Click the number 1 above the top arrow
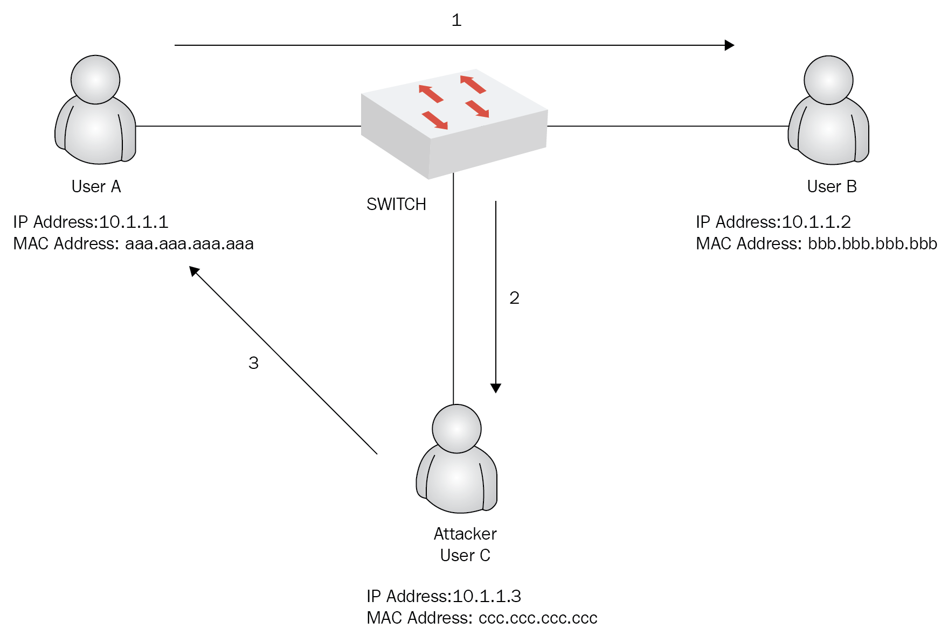click(x=456, y=20)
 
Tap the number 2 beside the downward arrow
click(x=515, y=298)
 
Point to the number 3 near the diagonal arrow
click(x=254, y=363)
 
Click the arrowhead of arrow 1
click(x=730, y=45)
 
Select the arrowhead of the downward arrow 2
click(x=496, y=388)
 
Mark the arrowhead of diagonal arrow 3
click(x=194, y=271)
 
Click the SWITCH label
click(x=396, y=205)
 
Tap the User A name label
click(x=96, y=186)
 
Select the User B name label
click(x=832, y=186)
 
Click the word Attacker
click(x=465, y=534)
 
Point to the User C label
click(x=465, y=555)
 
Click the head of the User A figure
click(x=95, y=80)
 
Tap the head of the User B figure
click(x=828, y=80)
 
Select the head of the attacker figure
click(x=456, y=429)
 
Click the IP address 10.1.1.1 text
click(x=134, y=222)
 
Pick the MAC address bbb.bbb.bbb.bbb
click(x=873, y=243)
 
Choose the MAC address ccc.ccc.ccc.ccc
click(x=538, y=618)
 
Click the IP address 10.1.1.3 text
click(x=487, y=596)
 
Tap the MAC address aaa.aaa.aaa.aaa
click(x=189, y=244)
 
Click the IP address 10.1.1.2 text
click(x=816, y=222)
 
